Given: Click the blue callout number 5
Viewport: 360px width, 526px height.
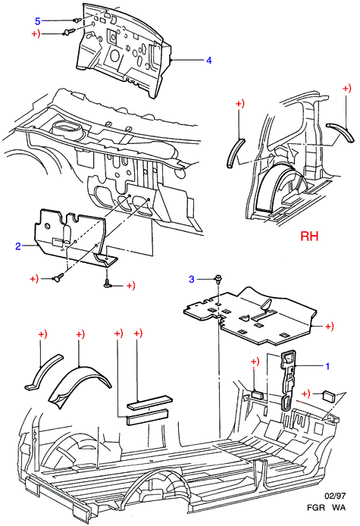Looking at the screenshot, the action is (x=38, y=21).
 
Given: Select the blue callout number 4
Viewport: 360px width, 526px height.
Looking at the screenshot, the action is (x=209, y=61).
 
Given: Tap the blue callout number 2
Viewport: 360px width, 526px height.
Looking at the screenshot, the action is (x=18, y=246).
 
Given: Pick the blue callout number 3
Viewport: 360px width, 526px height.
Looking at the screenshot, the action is (x=192, y=279).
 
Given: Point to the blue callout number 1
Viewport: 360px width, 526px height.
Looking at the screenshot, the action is (x=328, y=366).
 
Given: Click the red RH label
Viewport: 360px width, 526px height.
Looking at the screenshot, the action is (x=309, y=236).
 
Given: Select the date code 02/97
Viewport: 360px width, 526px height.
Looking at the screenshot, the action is (x=335, y=496).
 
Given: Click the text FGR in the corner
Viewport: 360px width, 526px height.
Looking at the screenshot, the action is (x=316, y=508).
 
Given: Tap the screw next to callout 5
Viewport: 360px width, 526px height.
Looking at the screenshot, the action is (x=77, y=20).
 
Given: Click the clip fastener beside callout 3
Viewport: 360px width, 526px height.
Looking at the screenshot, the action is (x=218, y=280).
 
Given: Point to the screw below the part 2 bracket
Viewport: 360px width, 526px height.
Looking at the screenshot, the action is (x=108, y=283).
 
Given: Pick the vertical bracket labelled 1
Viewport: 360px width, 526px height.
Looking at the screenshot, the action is (x=288, y=379).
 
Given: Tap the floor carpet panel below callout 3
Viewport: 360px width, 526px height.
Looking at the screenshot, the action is (x=250, y=316).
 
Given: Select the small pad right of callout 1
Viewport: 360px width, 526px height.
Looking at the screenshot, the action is (x=328, y=396).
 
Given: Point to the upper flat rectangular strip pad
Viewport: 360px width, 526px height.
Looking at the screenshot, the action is (x=149, y=402).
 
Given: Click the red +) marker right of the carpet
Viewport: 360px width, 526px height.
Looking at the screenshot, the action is (x=330, y=326).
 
